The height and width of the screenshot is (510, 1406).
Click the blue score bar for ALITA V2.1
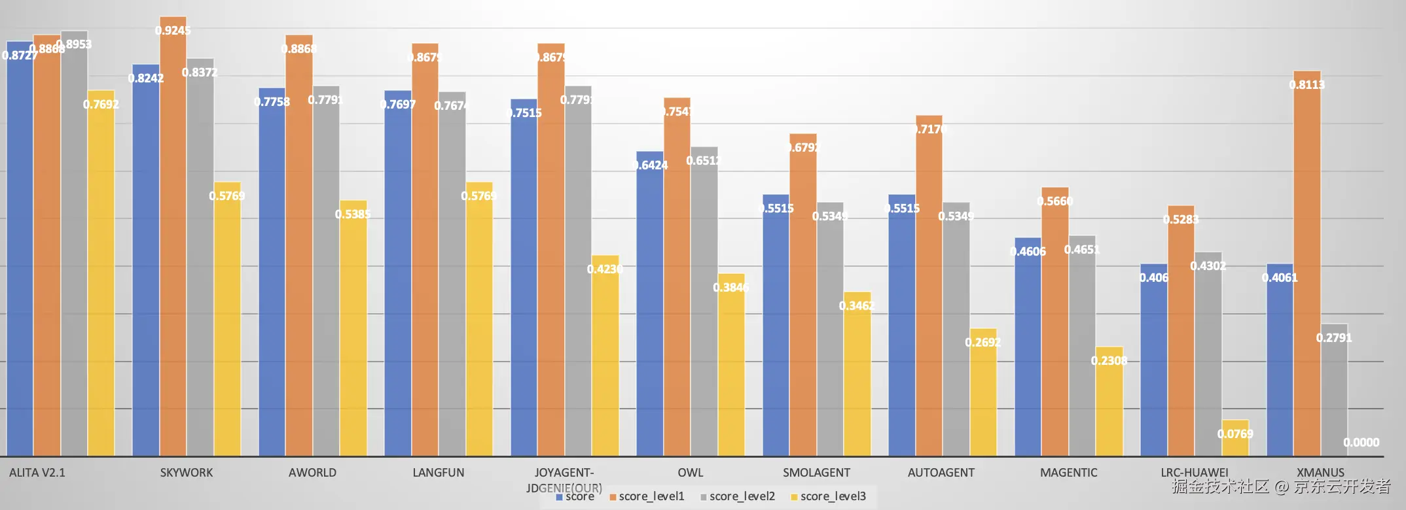pos(20,262)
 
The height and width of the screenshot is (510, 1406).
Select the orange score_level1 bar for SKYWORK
pos(173,248)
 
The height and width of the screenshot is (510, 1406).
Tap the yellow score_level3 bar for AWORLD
pos(353,333)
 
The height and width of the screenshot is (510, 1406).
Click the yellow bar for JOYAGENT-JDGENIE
pos(605,360)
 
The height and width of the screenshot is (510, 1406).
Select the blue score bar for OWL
pos(649,307)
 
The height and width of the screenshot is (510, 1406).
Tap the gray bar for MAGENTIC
pos(1082,347)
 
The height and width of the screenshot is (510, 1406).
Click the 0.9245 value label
pos(173,30)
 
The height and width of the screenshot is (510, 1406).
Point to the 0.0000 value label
pos(1361,443)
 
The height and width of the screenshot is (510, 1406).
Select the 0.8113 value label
pos(1307,84)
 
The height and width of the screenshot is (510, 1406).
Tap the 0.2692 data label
pos(982,342)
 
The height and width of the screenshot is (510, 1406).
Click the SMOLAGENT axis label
pos(816,472)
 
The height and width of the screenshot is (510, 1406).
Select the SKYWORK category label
pos(187,472)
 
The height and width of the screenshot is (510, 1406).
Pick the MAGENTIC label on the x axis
pos(1068,472)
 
